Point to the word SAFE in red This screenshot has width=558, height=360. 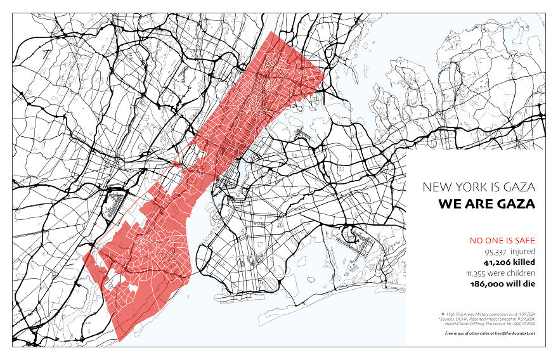pyautogui.click(x=524, y=240)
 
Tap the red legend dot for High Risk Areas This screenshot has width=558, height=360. pyautogui.click(x=442, y=314)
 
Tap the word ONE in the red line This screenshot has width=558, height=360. pyautogui.click(x=491, y=240)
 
